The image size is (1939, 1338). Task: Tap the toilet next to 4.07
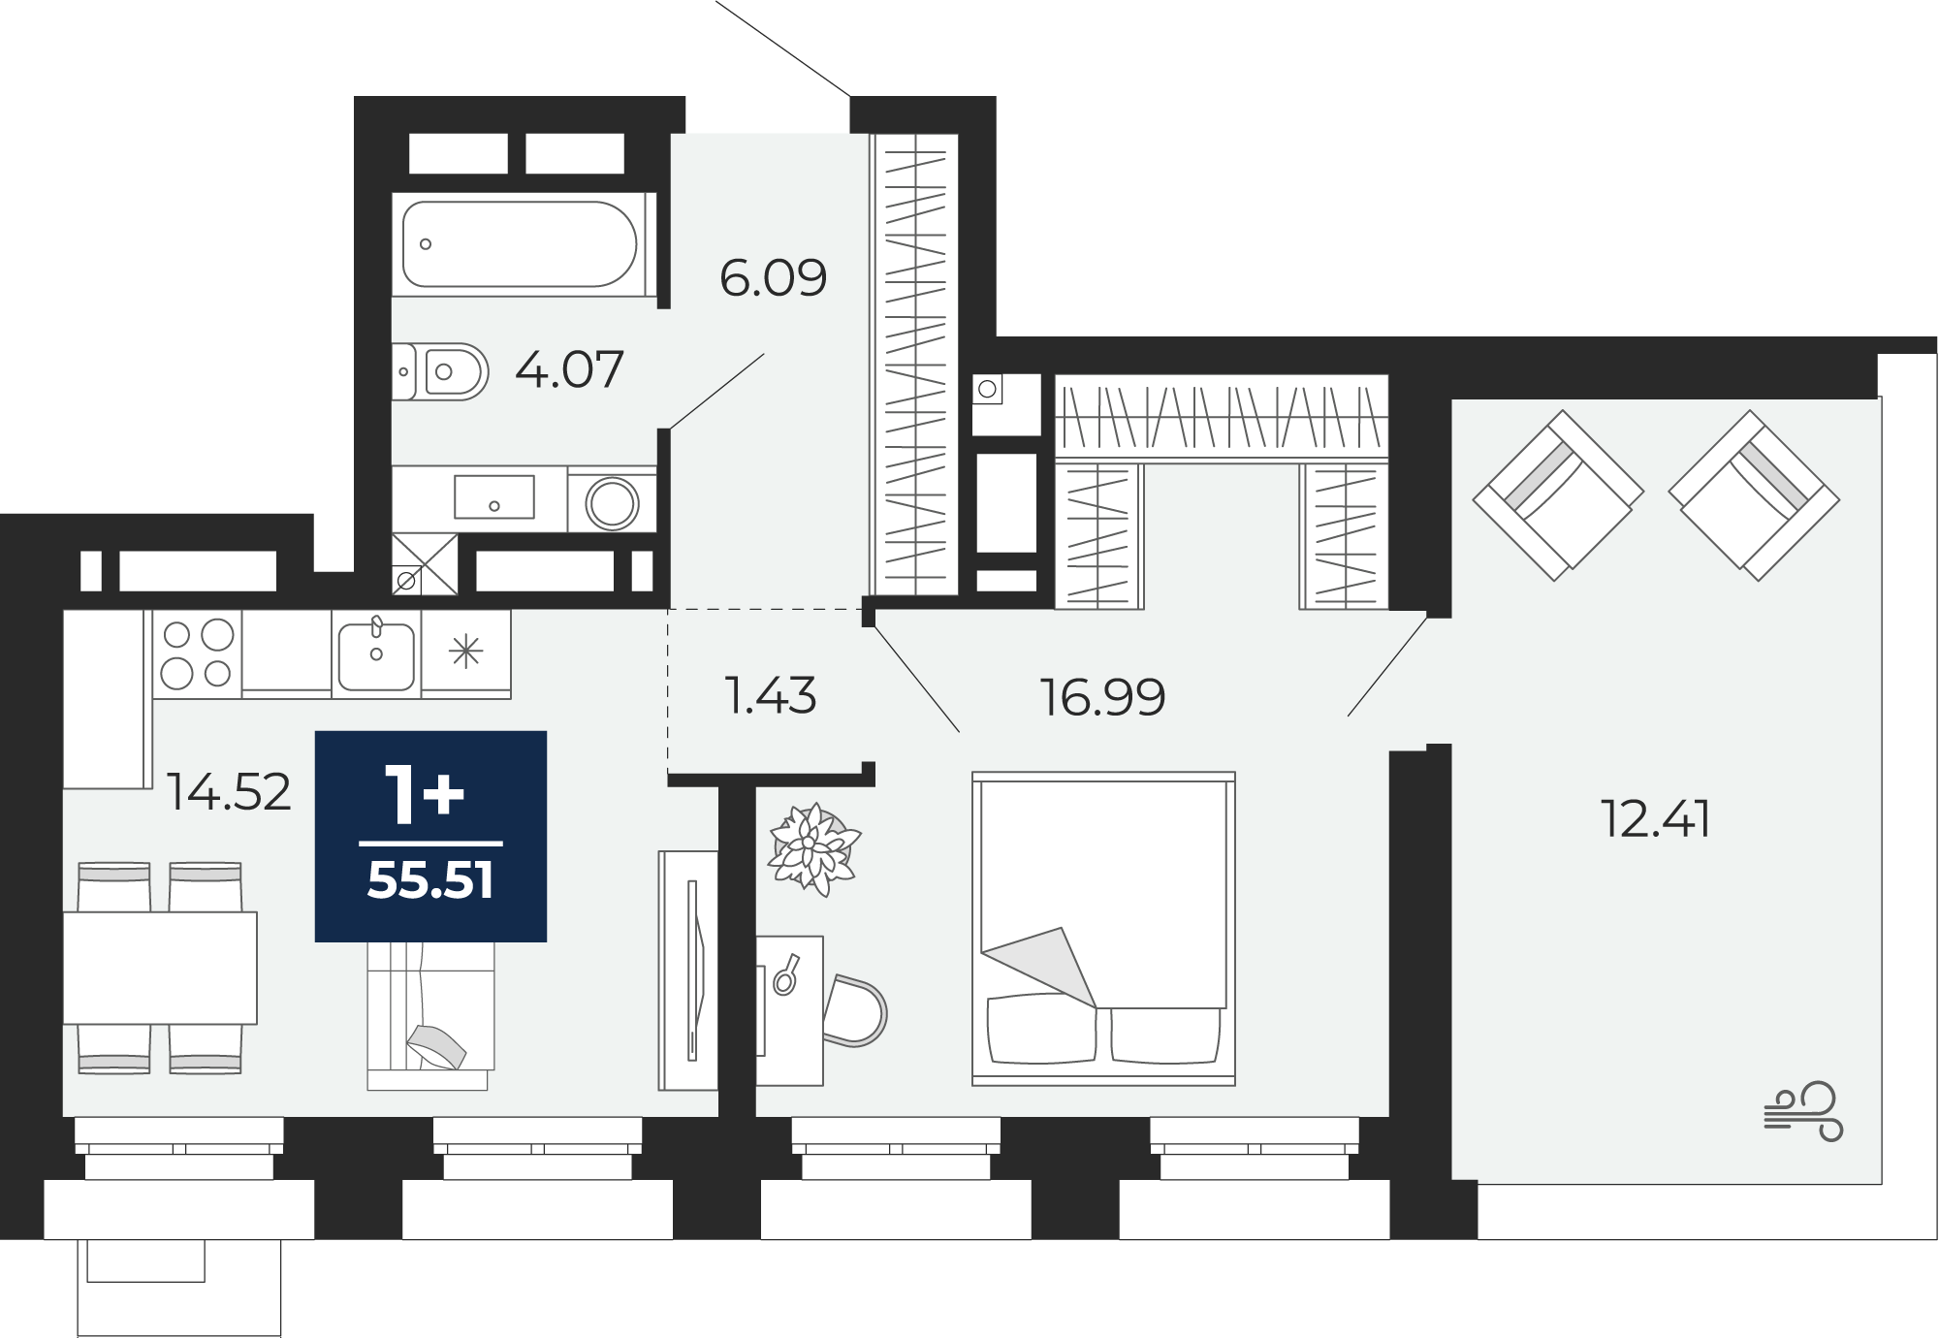click(440, 371)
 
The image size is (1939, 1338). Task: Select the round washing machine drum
click(612, 503)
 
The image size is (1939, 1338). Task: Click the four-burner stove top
click(198, 653)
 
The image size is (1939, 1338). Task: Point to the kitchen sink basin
click(376, 654)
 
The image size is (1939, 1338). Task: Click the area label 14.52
click(229, 792)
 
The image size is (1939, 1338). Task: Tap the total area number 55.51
click(430, 881)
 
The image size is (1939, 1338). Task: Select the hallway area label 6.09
click(774, 278)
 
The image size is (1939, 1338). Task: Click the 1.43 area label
click(772, 696)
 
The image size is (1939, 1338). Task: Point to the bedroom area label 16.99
click(1102, 697)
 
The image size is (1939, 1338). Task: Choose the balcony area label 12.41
click(1656, 819)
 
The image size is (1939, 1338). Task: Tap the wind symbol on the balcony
click(1801, 1111)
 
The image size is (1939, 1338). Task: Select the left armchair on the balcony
click(1558, 495)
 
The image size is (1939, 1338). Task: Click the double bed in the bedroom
click(1103, 929)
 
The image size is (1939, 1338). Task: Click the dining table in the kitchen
click(160, 968)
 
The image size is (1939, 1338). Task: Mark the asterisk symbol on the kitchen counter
click(466, 651)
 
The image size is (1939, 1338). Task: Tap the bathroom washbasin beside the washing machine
click(493, 497)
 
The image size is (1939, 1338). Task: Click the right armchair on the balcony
click(1754, 495)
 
